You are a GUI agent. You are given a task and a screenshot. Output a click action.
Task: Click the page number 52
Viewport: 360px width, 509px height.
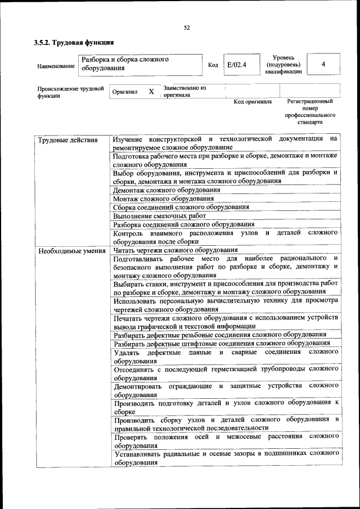[187, 28]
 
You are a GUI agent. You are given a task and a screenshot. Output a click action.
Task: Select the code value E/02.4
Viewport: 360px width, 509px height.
[235, 65]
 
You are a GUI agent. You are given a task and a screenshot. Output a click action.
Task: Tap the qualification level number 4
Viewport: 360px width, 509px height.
[323, 64]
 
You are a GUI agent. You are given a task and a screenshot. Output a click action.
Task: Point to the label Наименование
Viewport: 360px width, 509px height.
[56, 66]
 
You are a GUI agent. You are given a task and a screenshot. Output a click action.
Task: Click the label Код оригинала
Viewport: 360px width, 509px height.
[253, 102]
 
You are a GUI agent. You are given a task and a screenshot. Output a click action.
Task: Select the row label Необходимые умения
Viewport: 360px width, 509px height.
[72, 251]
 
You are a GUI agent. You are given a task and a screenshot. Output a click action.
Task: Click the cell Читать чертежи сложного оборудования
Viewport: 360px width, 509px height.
[175, 250]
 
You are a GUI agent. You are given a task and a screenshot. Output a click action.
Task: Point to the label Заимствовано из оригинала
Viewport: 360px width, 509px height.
[184, 92]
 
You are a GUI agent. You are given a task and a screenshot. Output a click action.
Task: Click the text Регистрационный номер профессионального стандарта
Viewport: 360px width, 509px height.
[309, 111]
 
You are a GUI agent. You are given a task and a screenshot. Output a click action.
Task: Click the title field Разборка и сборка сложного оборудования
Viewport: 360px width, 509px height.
[124, 64]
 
